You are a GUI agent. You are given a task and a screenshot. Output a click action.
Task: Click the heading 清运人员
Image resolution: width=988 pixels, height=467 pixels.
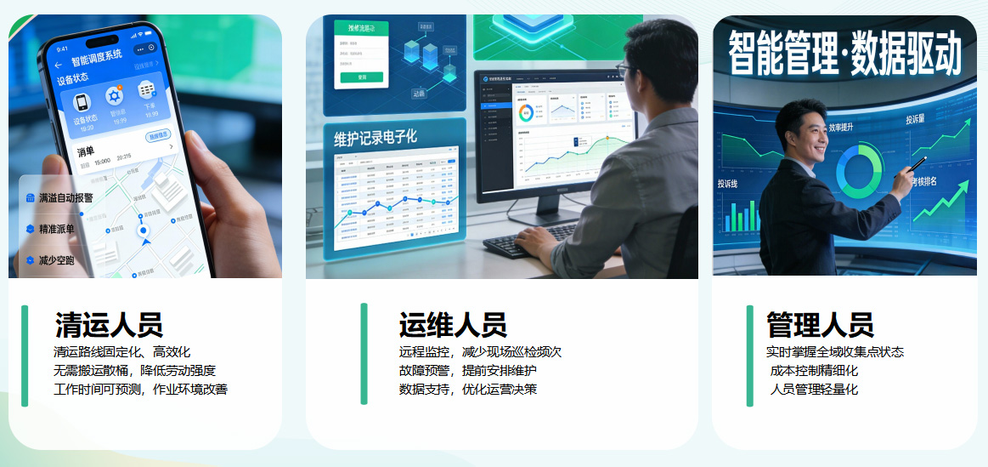point(109,325)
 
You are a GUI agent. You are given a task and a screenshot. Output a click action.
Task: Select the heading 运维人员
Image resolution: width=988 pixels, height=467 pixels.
point(453,325)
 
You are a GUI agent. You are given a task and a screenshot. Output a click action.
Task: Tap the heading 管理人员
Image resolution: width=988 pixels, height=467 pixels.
point(820,325)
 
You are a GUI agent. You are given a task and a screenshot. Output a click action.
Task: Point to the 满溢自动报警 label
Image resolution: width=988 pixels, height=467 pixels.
point(65,197)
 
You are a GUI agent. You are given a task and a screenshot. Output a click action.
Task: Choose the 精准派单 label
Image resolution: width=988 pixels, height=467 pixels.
point(56,229)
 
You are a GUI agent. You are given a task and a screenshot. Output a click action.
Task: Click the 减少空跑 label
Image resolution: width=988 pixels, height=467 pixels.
point(56,260)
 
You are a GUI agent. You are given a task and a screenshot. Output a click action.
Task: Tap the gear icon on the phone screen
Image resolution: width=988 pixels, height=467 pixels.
point(114,96)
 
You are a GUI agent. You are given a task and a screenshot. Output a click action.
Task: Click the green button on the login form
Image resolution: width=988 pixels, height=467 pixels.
point(361,77)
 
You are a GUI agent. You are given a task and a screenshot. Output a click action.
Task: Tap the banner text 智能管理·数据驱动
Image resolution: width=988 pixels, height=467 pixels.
point(844,53)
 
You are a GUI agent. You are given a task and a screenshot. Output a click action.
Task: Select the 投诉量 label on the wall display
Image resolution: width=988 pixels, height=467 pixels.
point(916,120)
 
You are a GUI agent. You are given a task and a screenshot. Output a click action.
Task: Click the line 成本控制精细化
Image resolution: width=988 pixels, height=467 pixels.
point(814,371)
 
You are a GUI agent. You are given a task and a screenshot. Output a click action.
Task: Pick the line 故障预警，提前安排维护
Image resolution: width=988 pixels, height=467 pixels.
point(467,371)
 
